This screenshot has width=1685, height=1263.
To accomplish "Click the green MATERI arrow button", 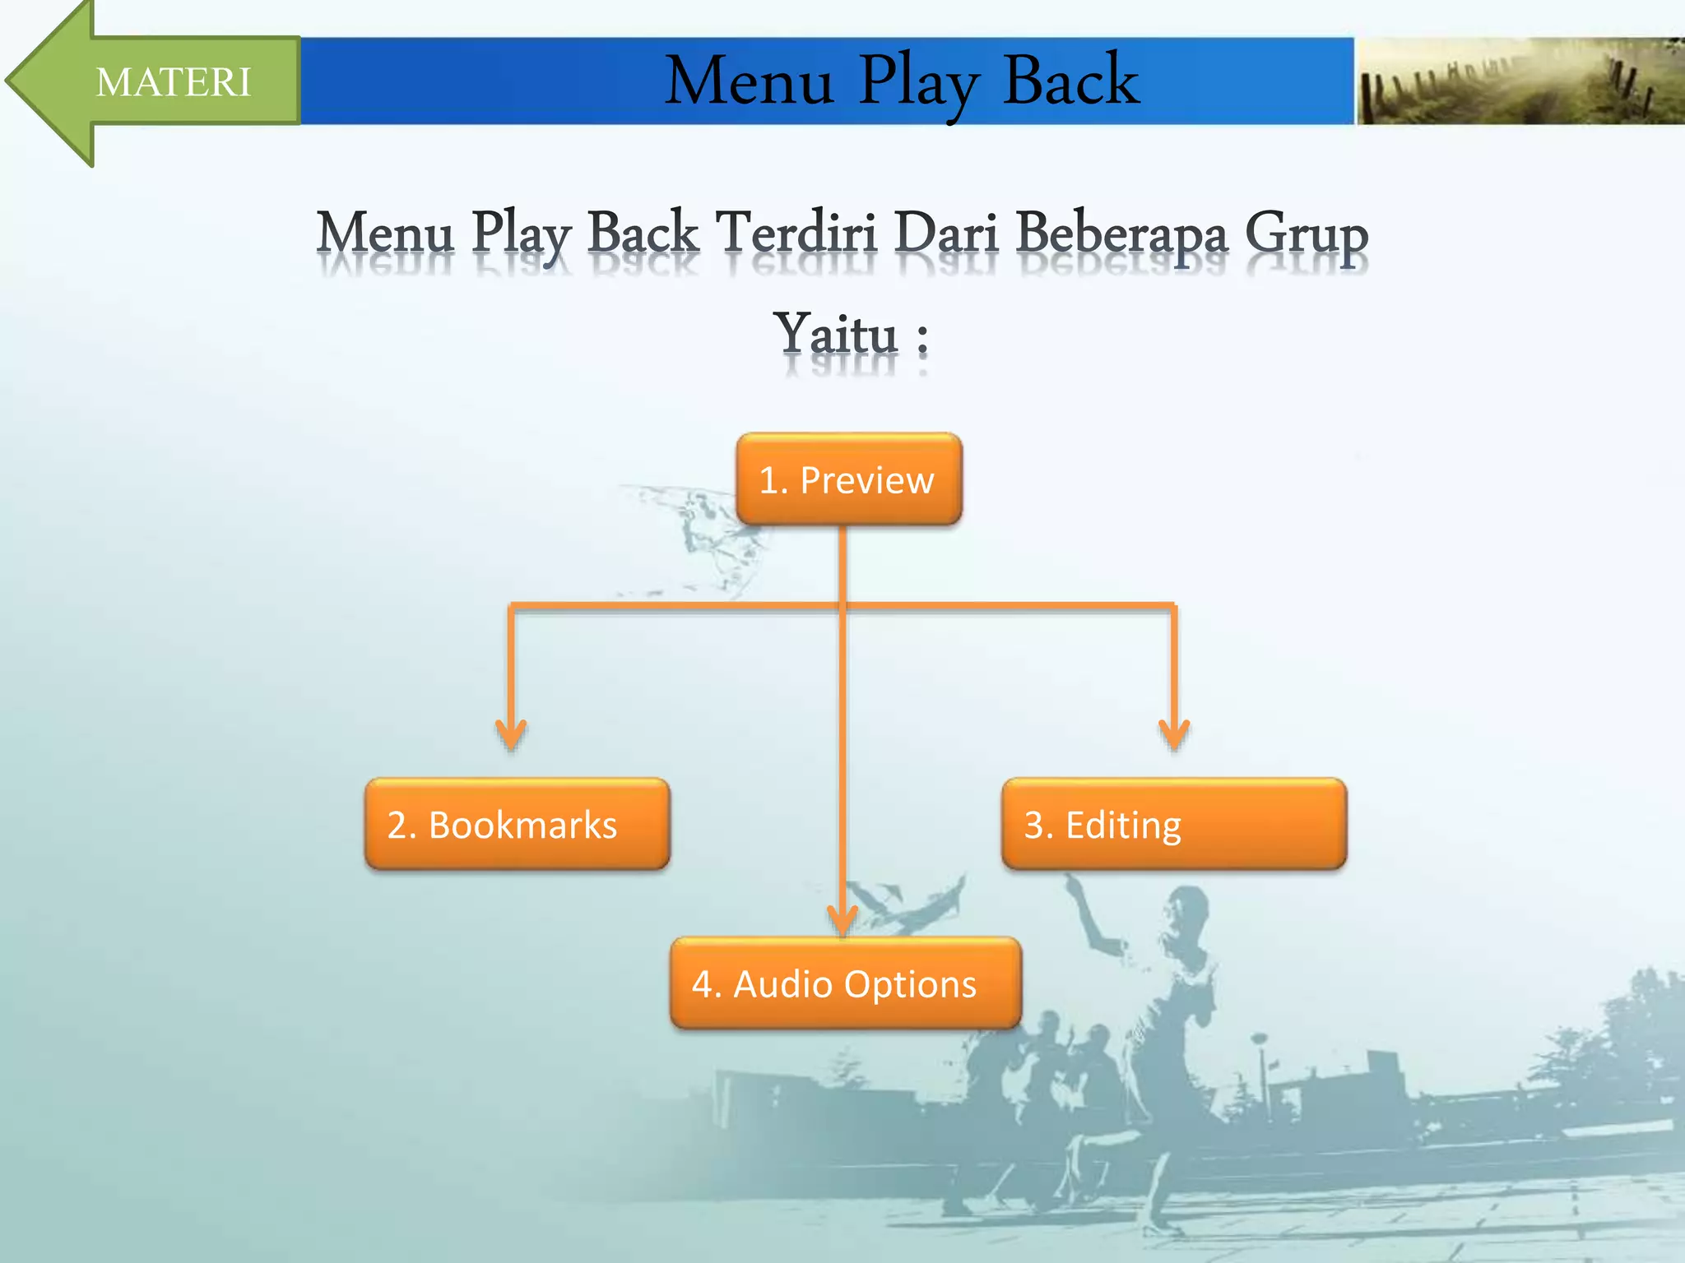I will coord(156,81).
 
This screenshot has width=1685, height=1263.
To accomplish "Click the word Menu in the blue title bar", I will coord(749,81).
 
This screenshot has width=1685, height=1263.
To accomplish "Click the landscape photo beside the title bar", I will coord(1519,81).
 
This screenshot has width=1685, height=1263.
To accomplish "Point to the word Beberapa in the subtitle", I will coord(1121,234).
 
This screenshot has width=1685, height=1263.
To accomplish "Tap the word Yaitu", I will coord(836,335).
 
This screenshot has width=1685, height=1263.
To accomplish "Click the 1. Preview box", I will coord(848,479).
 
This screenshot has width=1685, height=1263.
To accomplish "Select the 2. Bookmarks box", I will coord(517,824).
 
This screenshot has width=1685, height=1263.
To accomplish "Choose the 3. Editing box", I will coord(1173,824).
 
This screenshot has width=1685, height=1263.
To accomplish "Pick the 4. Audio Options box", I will coord(845,983).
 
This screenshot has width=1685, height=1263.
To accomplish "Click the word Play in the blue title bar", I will coord(919,81).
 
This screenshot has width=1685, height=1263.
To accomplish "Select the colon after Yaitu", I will coord(922,338).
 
